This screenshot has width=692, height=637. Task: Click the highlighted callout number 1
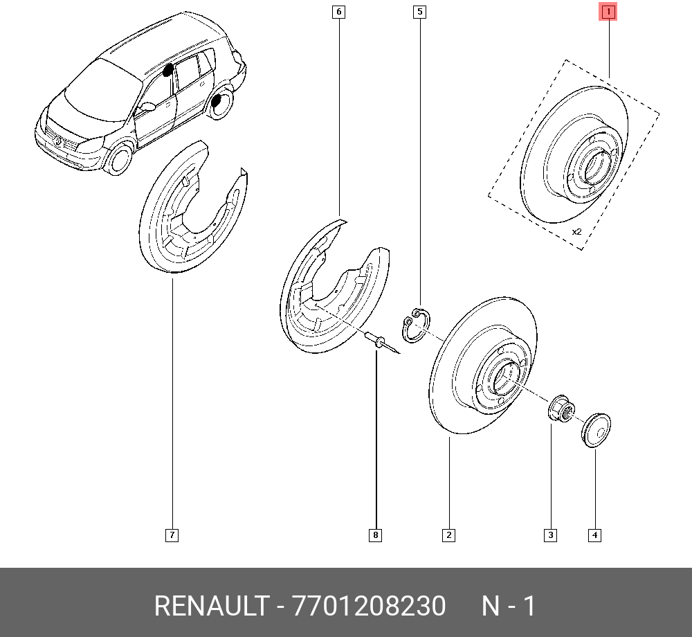[x=608, y=12]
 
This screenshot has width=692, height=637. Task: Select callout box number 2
[x=448, y=535]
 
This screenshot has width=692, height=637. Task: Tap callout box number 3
[x=550, y=535]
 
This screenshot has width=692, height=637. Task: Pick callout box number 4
[x=594, y=535]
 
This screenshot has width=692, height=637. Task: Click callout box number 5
[x=419, y=12]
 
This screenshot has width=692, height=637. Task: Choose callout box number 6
[x=338, y=12]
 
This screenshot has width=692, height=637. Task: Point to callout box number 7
[x=172, y=535]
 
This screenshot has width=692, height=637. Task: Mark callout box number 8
[x=375, y=535]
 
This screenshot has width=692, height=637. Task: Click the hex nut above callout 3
[x=559, y=409]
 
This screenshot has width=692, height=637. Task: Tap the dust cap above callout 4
[x=596, y=429]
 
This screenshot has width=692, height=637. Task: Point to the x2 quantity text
[x=576, y=232]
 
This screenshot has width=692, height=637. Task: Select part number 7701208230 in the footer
[x=370, y=607]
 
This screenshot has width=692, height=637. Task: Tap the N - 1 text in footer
[x=509, y=607]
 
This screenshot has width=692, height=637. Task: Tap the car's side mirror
[x=147, y=107]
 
